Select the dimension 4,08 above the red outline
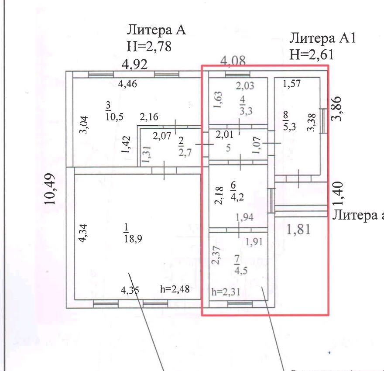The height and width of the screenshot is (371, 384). click(233, 61)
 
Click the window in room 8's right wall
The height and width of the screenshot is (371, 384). click(323, 120)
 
